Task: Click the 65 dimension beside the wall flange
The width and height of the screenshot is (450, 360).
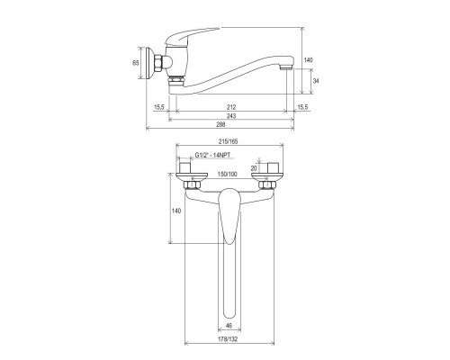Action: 137,65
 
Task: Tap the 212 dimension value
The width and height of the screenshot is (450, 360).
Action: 231,102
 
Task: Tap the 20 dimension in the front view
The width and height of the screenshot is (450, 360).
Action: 255,167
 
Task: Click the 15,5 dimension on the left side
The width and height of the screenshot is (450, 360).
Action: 159,105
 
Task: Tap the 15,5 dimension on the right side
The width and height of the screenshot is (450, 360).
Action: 304,105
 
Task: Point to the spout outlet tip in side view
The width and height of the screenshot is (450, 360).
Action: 287,67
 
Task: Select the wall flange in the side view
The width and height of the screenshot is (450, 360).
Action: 148,65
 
